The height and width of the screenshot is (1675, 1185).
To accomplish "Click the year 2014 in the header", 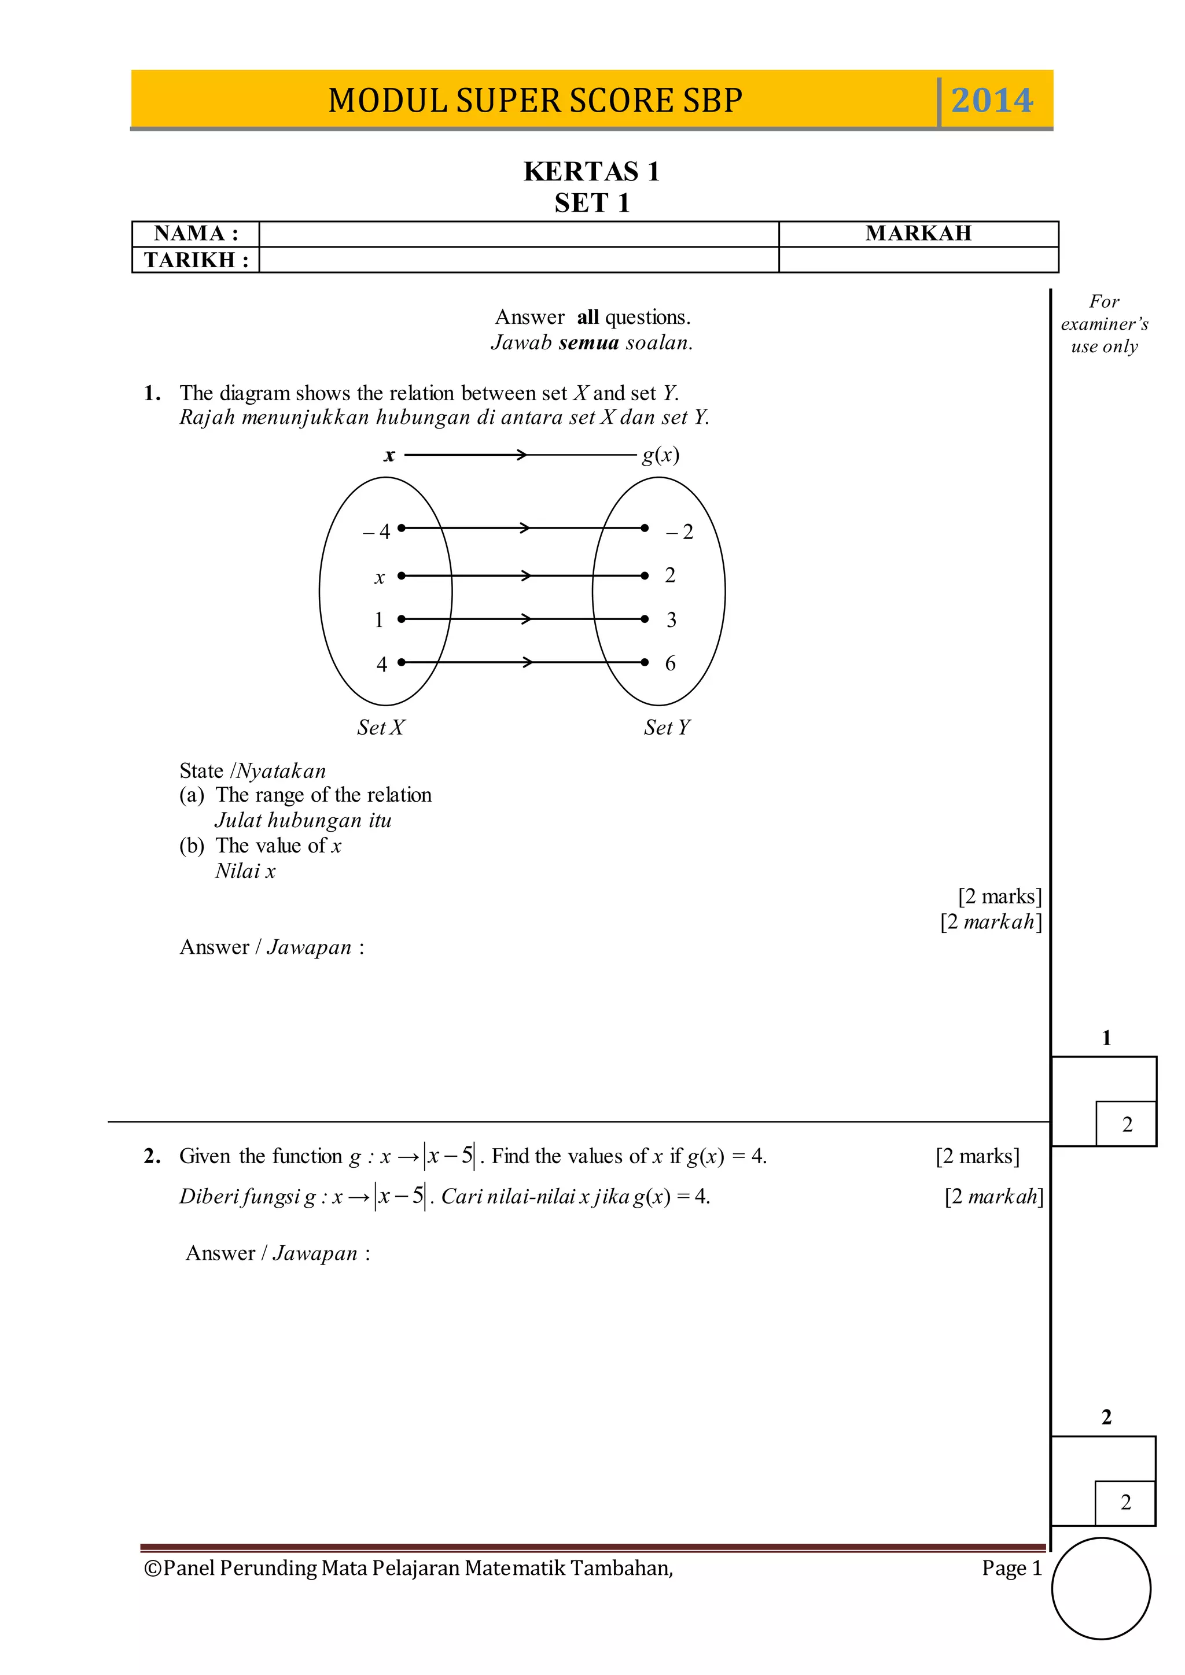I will tap(992, 100).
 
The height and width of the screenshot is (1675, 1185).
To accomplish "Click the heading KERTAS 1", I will tap(591, 171).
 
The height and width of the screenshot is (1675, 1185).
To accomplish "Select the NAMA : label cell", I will tap(196, 234).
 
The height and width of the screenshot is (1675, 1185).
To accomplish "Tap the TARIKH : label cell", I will tap(196, 260).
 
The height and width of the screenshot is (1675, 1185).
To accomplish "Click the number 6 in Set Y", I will tap(670, 663).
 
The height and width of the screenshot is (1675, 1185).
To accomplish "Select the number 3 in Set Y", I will tap(671, 619).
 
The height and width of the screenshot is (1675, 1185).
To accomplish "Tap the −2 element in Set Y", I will tap(679, 532).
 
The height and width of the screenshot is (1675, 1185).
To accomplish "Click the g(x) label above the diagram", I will tap(660, 455).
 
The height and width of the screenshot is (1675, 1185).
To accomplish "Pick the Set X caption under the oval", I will tap(380, 728).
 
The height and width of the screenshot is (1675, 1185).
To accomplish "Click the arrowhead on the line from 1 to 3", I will tap(525, 619).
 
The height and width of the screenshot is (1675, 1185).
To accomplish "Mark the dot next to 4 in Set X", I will tap(400, 662).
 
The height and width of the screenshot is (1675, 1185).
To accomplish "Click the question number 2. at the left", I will tap(152, 1156).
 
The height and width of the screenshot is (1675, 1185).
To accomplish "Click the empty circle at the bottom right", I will tap(1101, 1588).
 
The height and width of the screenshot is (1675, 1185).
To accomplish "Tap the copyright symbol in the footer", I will tap(153, 1568).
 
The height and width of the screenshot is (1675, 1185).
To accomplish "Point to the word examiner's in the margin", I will tap(1104, 324).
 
